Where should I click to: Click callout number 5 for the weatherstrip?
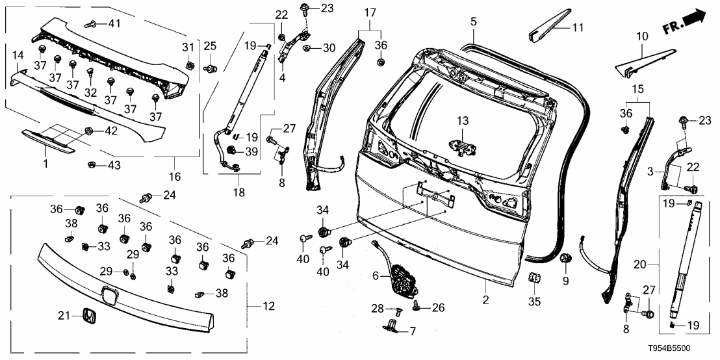pos(474,21)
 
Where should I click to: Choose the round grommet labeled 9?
pos(565,259)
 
